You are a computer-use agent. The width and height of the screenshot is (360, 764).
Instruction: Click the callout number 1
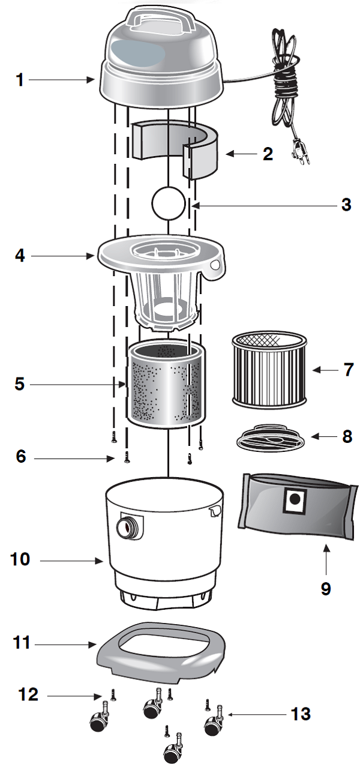coord(20,79)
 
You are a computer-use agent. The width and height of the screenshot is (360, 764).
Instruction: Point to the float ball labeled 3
coord(169,205)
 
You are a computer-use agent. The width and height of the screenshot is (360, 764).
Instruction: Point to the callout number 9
coord(325,588)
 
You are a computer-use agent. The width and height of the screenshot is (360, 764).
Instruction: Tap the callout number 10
coord(20,559)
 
